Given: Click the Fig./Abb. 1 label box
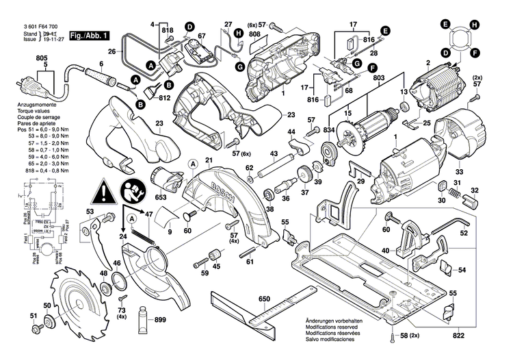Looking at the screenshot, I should tap(88, 34).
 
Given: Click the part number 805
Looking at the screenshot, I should tap(42, 58).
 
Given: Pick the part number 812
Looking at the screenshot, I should tap(163, 97).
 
